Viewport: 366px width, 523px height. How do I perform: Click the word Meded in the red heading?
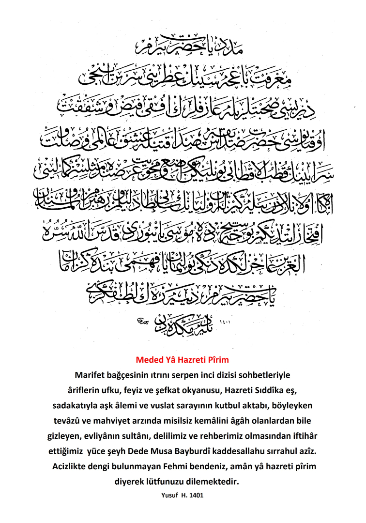pyautogui.click(x=150, y=360)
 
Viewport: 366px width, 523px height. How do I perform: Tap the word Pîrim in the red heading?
pyautogui.click(x=215, y=360)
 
